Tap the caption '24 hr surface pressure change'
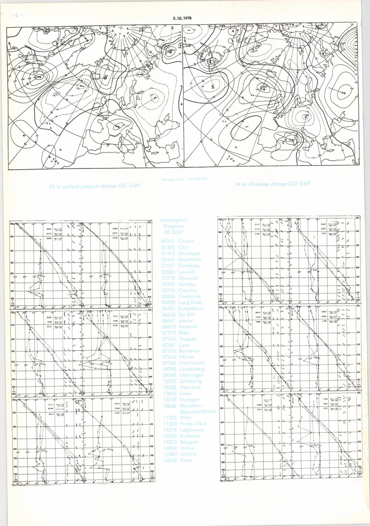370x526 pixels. (x=95, y=186)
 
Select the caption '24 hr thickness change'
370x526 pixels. (x=273, y=184)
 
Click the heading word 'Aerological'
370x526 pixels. (x=175, y=220)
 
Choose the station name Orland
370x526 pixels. (x=186, y=241)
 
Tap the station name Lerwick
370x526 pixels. (x=187, y=272)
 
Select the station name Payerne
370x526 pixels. (x=188, y=327)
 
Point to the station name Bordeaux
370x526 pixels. (x=189, y=351)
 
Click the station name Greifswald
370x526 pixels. (x=191, y=363)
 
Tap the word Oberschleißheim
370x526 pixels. (x=198, y=411)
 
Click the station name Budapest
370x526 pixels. (x=189, y=436)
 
